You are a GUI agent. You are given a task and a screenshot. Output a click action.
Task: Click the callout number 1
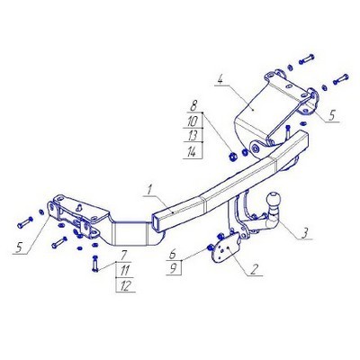149,190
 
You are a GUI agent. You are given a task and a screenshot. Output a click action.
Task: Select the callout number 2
254,270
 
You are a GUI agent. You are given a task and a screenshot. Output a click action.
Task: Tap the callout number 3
304,233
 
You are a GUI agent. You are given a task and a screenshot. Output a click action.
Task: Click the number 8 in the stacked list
193,106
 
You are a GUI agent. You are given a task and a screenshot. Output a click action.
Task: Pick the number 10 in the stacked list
193,121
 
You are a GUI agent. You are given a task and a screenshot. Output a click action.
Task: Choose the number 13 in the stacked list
193,136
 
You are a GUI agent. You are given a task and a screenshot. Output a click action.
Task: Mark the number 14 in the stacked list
192,152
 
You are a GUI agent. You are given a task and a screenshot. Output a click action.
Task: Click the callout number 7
124,256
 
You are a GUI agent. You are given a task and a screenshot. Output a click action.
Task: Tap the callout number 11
124,271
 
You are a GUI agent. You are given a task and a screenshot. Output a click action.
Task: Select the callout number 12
126,286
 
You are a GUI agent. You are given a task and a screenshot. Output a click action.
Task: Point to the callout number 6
173,255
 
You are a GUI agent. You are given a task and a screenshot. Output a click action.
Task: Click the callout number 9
173,268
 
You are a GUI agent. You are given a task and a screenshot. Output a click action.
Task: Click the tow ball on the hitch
274,201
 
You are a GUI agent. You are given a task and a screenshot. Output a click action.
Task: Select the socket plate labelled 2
226,248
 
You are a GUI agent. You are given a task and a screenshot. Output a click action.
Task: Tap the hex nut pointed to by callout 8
233,156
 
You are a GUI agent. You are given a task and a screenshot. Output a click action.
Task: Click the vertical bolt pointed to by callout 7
95,264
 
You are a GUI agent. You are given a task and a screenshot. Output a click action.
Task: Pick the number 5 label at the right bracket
331,116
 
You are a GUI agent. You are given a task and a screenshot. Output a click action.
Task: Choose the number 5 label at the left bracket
20,247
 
